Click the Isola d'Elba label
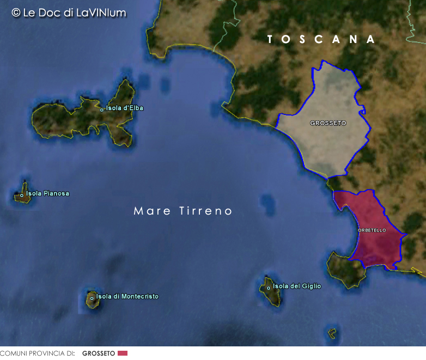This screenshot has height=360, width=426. click(x=124, y=108)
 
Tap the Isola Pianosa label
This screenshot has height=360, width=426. click(x=47, y=193)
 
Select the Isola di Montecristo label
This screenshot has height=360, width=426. click(x=127, y=296)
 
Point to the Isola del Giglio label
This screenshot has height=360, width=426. click(x=297, y=286)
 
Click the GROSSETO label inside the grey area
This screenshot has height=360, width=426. click(x=328, y=123)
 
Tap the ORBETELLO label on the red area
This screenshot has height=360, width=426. click(x=372, y=230)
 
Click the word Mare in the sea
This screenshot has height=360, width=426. click(x=152, y=211)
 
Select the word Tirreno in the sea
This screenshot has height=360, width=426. click(x=206, y=211)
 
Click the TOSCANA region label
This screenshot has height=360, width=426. click(x=321, y=39)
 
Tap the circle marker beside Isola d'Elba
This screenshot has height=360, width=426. click(x=101, y=109)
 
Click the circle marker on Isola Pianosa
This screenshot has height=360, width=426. click(x=22, y=195)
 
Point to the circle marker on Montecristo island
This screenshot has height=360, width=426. click(x=92, y=297)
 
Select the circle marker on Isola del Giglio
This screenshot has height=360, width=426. click(x=268, y=288)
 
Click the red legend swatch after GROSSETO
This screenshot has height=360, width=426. click(x=123, y=353)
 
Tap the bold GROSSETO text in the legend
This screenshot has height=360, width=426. click(x=99, y=353)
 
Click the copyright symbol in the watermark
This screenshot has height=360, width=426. click(x=16, y=12)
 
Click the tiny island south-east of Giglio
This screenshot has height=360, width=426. click(x=332, y=332)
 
